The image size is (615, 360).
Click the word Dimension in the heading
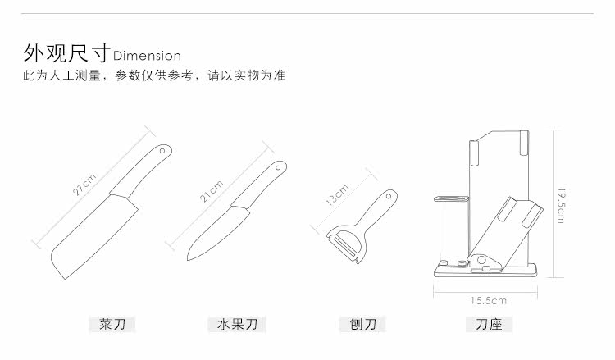[x=147, y=56]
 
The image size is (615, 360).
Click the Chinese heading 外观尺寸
[x=66, y=54]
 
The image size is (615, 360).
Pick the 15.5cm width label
[x=489, y=300]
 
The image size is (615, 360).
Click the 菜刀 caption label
[x=112, y=325]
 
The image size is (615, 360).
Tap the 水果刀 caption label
[x=237, y=325]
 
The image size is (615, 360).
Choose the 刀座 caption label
[x=489, y=325]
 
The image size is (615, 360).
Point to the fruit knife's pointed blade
[x=216, y=229]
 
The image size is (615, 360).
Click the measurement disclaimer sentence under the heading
[x=153, y=76]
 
